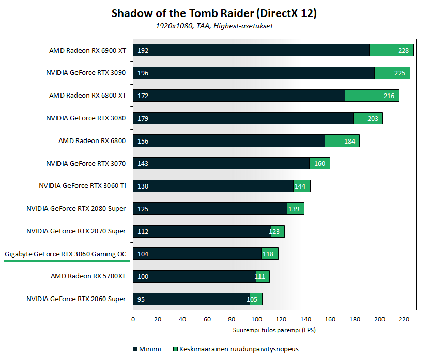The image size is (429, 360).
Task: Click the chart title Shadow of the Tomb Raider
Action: tap(214, 13)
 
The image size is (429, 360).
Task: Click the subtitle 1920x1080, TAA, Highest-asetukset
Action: tap(214, 26)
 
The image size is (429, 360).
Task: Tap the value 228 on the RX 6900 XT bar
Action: tap(403, 51)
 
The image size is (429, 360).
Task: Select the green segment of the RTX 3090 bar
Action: tap(392, 73)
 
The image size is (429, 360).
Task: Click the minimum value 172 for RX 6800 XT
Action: tap(143, 96)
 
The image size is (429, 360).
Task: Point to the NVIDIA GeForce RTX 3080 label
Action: tap(86, 118)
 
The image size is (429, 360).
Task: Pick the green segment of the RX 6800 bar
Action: tap(342, 140)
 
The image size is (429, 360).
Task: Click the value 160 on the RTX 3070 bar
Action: tap(319, 163)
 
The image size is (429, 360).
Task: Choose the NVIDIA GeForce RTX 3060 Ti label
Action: tap(82, 185)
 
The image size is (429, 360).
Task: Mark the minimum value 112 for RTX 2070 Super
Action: tap(143, 231)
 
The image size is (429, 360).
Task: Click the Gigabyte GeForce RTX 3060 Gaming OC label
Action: tap(65, 254)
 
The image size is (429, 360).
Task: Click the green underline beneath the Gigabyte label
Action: tap(65, 261)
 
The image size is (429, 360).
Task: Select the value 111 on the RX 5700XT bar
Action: tap(259, 276)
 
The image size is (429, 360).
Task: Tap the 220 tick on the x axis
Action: tap(404, 319)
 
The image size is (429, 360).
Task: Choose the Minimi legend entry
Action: tap(147, 349)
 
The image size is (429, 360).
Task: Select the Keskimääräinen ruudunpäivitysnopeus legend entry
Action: tap(238, 349)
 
